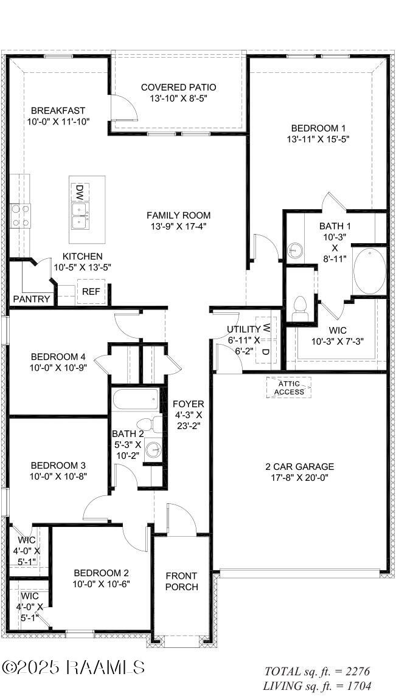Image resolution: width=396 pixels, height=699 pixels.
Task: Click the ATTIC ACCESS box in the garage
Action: [x=288, y=387]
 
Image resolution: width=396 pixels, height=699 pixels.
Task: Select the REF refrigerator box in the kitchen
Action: [x=91, y=292]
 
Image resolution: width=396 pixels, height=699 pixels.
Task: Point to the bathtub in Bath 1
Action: [x=369, y=270]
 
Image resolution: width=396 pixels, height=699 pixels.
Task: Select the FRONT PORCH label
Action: [x=181, y=581]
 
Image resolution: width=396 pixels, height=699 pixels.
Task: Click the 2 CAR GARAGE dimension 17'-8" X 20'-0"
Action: [x=299, y=478]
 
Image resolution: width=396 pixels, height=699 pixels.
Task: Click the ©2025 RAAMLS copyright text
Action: [x=73, y=667]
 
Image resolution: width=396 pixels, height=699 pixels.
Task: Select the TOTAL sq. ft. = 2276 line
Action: [x=316, y=672]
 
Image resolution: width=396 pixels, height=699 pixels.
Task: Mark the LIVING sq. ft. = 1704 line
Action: [x=316, y=686]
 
